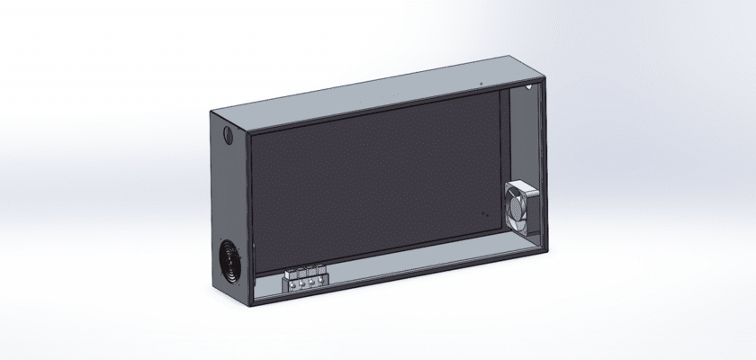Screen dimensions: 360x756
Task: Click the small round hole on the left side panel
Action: (225, 137)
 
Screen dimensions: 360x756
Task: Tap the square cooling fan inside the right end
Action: (520, 205)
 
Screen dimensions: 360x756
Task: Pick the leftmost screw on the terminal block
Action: (292, 286)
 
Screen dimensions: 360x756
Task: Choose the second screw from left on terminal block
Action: (301, 284)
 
